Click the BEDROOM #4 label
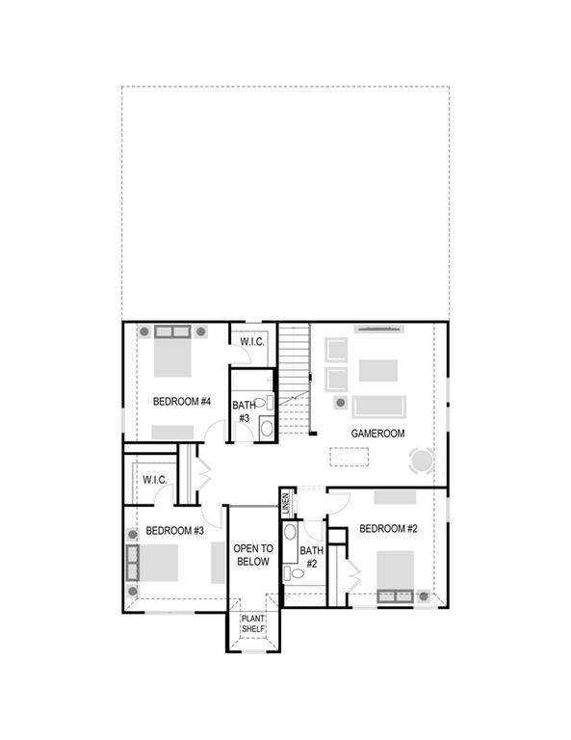181,401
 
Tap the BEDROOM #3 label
174,531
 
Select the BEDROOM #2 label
387,529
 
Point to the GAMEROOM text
377,434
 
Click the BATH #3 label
242,412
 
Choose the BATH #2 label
311,557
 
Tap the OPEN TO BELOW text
253,555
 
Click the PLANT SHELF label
253,625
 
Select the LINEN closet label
286,502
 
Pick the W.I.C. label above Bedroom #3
156,480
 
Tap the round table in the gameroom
422,461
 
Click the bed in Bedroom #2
395,574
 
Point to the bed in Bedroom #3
154,563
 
